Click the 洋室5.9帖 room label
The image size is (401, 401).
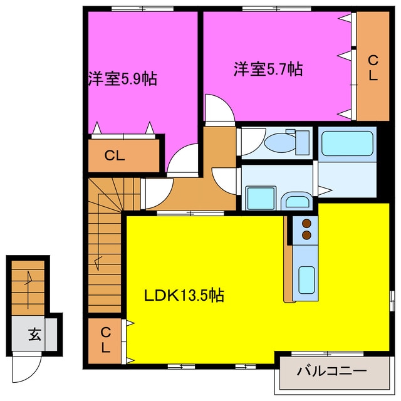coord(122,80)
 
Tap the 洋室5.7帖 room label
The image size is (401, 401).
coord(268,69)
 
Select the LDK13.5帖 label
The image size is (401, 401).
coord(185,294)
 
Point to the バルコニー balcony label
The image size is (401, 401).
coord(331,370)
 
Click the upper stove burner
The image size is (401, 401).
coord(307,223)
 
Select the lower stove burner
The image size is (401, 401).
coord(307,235)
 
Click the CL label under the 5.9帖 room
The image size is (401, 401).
coord(114,156)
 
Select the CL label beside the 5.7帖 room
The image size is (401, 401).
coord(372,68)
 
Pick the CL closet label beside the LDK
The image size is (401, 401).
coord(105,340)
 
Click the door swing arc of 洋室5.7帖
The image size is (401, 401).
coord(219,107)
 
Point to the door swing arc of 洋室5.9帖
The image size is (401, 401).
coord(184,160)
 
